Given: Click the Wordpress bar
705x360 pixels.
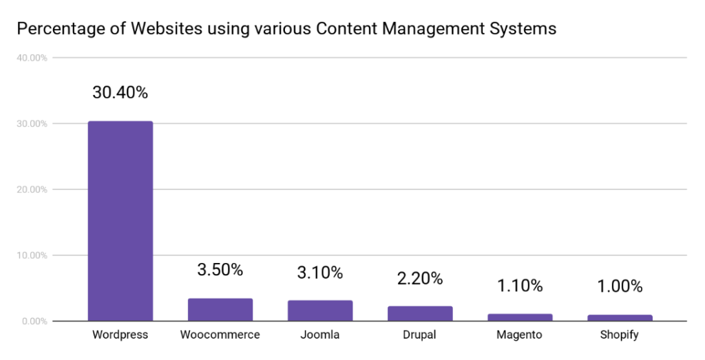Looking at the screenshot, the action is pyautogui.click(x=120, y=221).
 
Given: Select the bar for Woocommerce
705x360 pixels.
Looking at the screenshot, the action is pyautogui.click(x=220, y=310).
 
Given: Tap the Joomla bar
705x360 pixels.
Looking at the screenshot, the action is pyautogui.click(x=320, y=310).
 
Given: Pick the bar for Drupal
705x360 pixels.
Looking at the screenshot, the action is pyautogui.click(x=420, y=314).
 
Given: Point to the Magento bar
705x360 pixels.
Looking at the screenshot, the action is pyautogui.click(x=520, y=317).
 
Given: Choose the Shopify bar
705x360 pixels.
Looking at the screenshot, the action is pyautogui.click(x=620, y=318).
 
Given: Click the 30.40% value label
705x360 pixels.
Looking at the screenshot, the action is pyautogui.click(x=120, y=93).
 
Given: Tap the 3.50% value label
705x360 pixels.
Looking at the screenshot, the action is pyautogui.click(x=220, y=270).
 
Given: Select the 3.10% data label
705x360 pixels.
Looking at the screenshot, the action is pyautogui.click(x=320, y=273).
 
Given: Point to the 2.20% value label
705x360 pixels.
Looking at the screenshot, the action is pyautogui.click(x=420, y=279).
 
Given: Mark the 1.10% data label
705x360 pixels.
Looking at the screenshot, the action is pyautogui.click(x=520, y=286).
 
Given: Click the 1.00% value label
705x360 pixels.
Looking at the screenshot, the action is pyautogui.click(x=620, y=286).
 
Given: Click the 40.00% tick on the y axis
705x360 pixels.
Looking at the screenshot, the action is pyautogui.click(x=32, y=58).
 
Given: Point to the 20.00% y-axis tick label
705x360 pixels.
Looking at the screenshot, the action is pyautogui.click(x=32, y=190).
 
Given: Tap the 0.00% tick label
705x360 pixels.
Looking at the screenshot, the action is pyautogui.click(x=34, y=321).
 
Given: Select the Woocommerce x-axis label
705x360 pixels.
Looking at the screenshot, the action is pyautogui.click(x=220, y=335).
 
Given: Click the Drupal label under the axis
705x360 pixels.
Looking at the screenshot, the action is pyautogui.click(x=419, y=335).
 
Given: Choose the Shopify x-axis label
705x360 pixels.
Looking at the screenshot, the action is pyautogui.click(x=619, y=335).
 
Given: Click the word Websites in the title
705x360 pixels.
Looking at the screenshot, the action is pyautogui.click(x=167, y=29).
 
